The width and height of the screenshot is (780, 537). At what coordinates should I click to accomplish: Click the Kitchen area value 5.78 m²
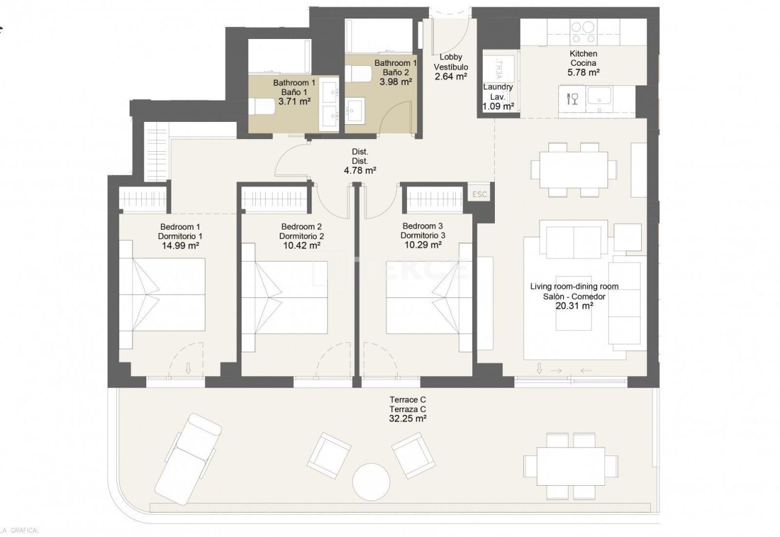(x=583, y=73)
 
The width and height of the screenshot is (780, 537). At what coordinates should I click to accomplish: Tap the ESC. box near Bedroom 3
(x=480, y=194)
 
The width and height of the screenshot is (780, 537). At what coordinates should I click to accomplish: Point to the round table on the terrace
(x=371, y=480)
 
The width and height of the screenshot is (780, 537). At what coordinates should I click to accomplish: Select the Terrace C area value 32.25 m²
(x=407, y=419)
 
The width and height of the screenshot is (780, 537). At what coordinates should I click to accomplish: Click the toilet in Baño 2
(x=358, y=74)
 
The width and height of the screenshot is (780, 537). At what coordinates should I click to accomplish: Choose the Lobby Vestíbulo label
(x=450, y=62)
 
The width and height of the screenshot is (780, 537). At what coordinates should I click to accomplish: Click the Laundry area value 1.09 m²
(x=498, y=106)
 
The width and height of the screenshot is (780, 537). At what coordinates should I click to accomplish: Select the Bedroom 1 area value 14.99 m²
(x=180, y=246)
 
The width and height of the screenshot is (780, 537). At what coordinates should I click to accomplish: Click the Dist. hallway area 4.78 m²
(x=360, y=171)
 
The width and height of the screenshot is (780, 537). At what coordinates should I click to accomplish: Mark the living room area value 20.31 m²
(x=574, y=306)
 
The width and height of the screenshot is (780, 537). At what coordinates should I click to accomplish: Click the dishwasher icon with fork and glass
(x=573, y=98)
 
